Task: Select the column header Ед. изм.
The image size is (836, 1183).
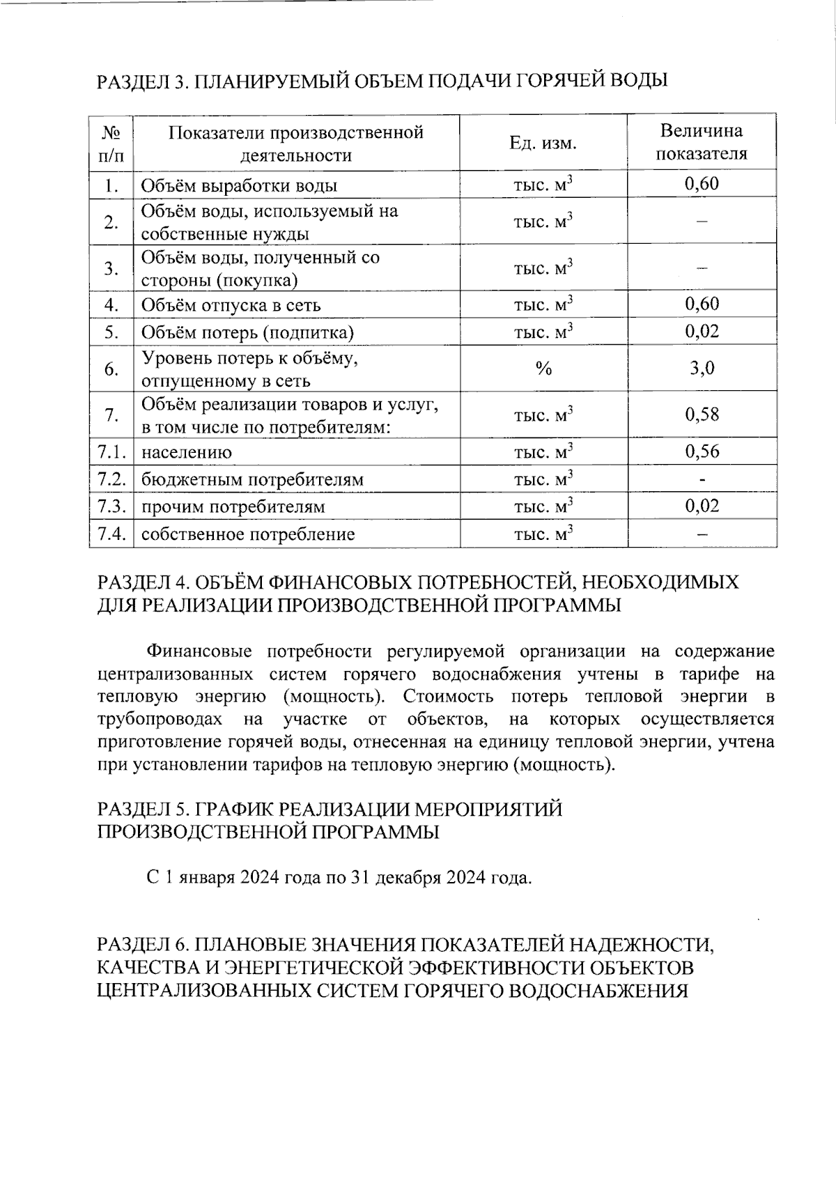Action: point(543,143)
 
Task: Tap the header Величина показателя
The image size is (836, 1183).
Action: point(702,142)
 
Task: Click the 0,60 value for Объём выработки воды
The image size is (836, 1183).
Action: point(702,184)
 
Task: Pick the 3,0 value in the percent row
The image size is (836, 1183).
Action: point(702,368)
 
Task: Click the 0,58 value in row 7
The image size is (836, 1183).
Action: point(702,415)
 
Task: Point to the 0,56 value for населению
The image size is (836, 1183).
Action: point(702,451)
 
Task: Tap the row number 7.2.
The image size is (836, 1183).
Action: point(111,479)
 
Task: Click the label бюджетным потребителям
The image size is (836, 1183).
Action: point(252,480)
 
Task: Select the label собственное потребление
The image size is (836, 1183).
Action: point(248,534)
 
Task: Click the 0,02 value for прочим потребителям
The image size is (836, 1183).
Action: point(702,506)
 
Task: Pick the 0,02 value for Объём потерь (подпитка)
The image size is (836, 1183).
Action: point(702,332)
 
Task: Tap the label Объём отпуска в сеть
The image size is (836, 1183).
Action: point(231,305)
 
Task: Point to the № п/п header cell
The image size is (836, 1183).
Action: point(111,143)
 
